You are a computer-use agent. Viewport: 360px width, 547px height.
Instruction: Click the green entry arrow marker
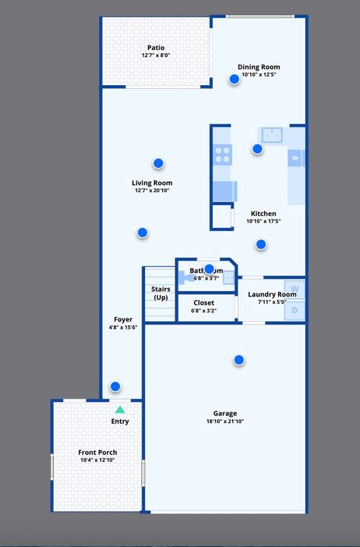(120, 409)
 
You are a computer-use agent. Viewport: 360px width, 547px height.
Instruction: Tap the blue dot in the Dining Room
(235, 79)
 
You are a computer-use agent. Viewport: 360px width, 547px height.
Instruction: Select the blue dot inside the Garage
(239, 359)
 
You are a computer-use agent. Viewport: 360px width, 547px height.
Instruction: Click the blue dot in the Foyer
(115, 386)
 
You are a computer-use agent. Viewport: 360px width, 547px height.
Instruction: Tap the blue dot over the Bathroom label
(209, 268)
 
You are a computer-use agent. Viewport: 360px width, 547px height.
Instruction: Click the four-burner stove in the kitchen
(223, 154)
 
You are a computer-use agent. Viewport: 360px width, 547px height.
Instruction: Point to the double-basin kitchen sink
(271, 135)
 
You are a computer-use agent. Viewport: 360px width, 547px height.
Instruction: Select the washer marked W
(296, 289)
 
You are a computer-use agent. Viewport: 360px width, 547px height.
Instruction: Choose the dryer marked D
(296, 310)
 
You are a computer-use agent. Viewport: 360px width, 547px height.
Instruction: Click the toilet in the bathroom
(185, 278)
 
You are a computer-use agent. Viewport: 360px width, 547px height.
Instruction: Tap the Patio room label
(156, 48)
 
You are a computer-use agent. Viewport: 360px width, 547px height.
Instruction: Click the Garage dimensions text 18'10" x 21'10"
(225, 422)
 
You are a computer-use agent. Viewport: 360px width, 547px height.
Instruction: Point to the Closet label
(204, 302)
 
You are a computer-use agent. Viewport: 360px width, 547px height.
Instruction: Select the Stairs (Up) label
(160, 293)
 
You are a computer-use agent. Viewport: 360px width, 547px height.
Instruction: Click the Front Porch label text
(98, 453)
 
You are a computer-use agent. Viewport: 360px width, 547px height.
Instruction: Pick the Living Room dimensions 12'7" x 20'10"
(152, 191)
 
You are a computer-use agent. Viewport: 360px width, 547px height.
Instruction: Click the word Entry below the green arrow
(120, 421)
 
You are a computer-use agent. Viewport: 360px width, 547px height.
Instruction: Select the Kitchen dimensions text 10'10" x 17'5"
(264, 221)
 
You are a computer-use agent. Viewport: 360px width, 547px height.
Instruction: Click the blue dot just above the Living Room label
(158, 163)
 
